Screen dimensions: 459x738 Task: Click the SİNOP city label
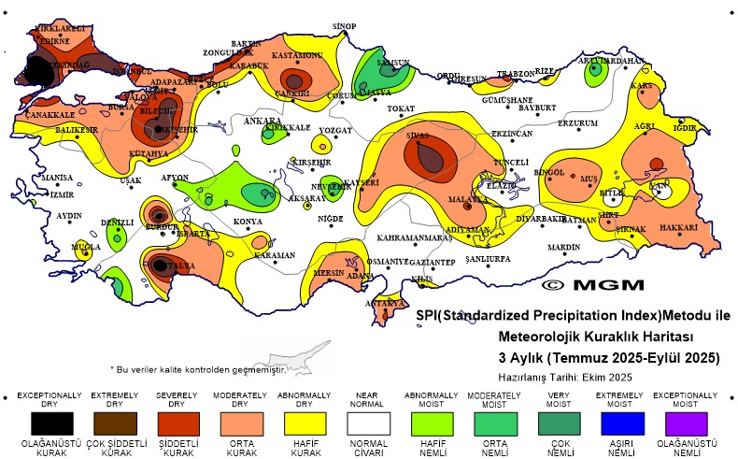click(345, 26)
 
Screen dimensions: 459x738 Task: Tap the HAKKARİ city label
click(678, 228)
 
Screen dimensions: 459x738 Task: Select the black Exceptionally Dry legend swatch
click(50, 423)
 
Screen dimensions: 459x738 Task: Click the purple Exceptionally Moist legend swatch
click(688, 423)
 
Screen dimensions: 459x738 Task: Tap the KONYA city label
click(248, 222)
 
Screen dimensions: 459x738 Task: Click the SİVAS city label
click(416, 136)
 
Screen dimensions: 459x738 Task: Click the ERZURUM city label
click(576, 123)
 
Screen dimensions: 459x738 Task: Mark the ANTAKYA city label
click(385, 304)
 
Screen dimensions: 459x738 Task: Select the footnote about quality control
click(196, 369)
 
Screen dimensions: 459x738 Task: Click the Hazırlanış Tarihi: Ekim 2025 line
click(565, 377)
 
